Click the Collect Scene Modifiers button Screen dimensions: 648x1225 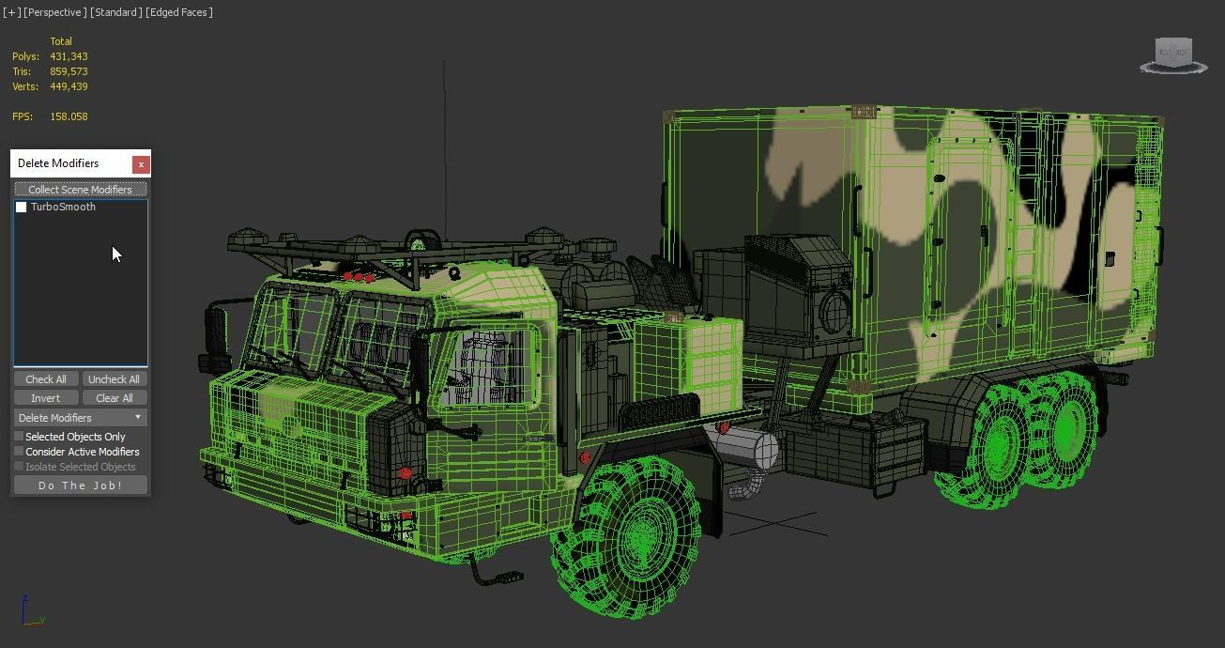point(80,190)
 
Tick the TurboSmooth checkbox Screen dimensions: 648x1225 point(22,208)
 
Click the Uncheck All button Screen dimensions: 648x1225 point(114,379)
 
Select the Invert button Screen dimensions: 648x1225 point(45,398)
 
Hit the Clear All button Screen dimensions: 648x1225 point(114,398)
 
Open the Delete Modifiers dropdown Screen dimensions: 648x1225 point(80,418)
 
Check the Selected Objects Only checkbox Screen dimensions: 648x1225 point(19,437)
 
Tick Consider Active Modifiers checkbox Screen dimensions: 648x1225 point(19,452)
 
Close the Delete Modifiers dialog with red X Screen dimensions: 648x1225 point(141,164)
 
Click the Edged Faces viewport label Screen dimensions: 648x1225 point(179,12)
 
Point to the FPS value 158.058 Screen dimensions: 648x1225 point(69,116)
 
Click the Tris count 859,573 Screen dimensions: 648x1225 point(69,71)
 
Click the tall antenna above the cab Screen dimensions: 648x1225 point(444,141)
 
